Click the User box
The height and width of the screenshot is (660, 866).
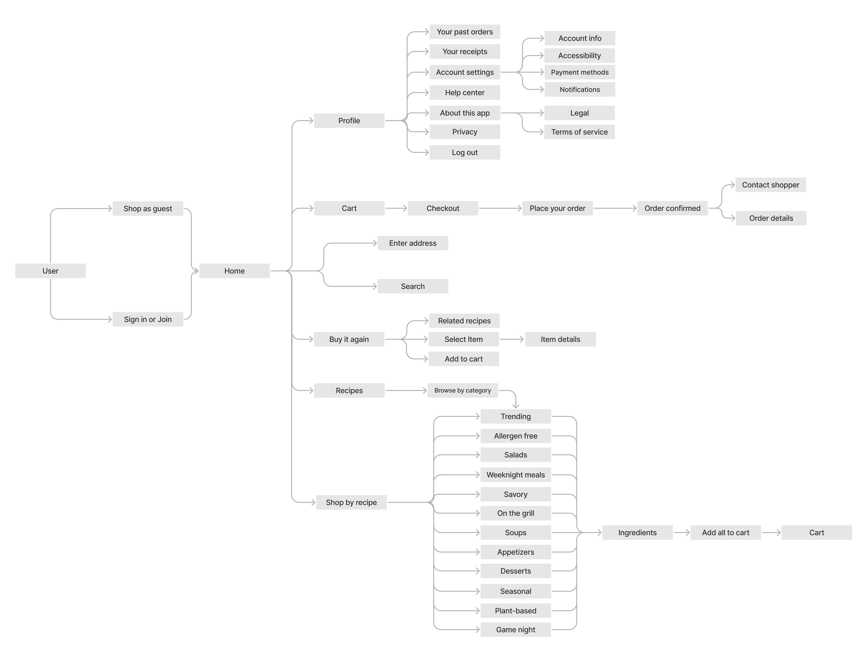50,271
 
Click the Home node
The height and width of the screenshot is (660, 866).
234,271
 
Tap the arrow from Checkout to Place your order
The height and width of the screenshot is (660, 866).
500,208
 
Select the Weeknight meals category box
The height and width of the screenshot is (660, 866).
515,475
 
